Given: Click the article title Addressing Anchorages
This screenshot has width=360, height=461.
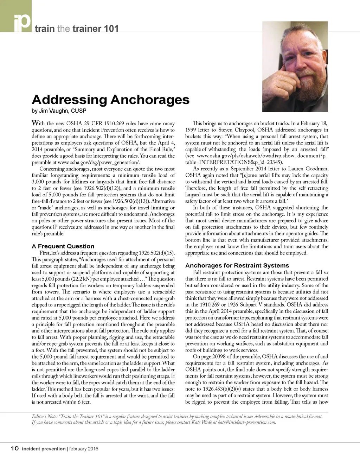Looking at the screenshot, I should click(x=110, y=100).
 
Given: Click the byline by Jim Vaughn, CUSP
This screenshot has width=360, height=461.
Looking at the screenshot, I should click(x=59, y=111).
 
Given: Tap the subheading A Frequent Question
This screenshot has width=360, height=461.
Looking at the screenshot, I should click(x=63, y=246).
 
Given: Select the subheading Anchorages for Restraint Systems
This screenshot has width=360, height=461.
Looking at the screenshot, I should click(x=237, y=265).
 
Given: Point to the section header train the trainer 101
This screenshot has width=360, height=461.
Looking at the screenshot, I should click(x=77, y=29).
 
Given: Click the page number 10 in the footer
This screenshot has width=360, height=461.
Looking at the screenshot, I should click(x=14, y=448).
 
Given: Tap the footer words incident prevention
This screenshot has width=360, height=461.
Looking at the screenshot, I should click(x=44, y=449).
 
